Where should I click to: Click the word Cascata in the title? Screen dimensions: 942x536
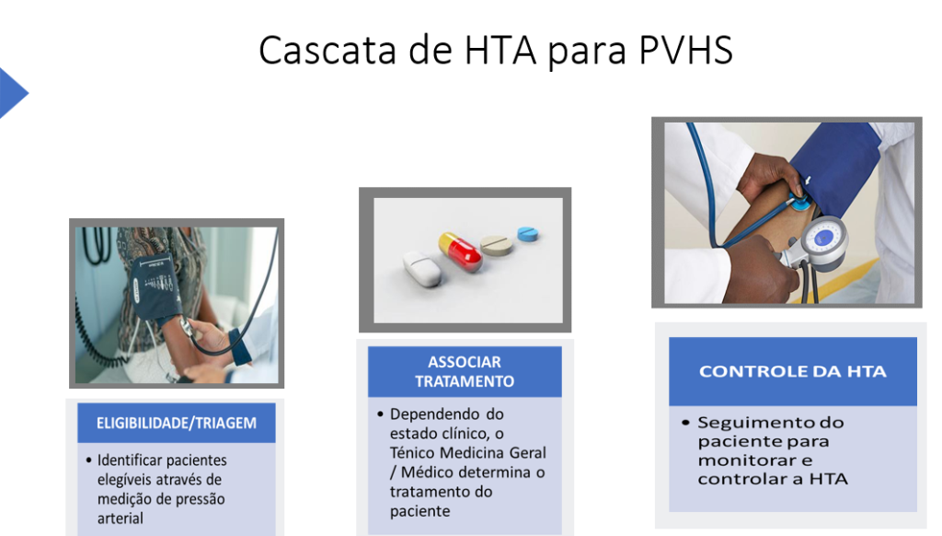click(327, 50)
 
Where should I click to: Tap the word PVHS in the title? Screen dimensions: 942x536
click(685, 50)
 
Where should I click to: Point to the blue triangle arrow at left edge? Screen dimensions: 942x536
click(12, 93)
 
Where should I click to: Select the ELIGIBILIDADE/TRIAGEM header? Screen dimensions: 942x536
click(177, 423)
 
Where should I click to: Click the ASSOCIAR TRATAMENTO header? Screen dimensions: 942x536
click(465, 371)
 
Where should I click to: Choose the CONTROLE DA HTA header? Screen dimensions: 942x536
click(793, 371)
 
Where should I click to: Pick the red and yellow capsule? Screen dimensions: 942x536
click(460, 251)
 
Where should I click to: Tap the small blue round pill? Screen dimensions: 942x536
click(527, 233)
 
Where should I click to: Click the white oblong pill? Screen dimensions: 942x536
click(421, 268)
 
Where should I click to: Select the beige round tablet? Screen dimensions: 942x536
click(497, 245)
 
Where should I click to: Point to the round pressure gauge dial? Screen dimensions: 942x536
click(824, 240)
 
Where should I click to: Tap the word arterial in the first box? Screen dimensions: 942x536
click(121, 518)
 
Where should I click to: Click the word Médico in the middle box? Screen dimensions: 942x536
click(425, 472)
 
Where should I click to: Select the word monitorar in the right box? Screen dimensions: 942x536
click(755, 460)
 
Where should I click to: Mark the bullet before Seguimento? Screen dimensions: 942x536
click(685, 423)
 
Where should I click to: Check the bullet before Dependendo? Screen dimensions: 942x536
click(380, 414)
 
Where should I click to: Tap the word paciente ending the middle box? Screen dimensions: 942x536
click(419, 511)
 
